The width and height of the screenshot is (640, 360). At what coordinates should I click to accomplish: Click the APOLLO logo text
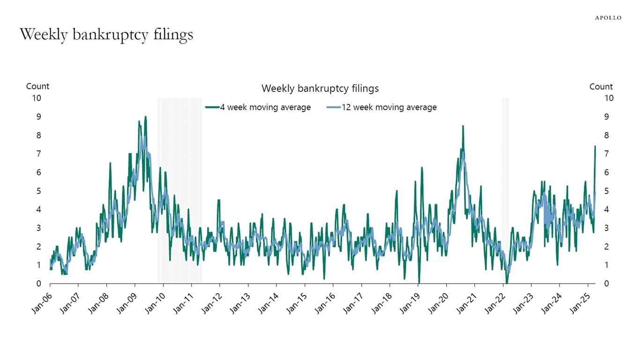(x=608, y=18)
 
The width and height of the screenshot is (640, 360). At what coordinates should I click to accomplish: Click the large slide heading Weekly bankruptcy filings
(x=106, y=34)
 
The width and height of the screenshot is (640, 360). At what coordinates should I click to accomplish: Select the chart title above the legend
(x=320, y=88)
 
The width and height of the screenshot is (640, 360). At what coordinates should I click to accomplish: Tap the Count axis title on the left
(x=37, y=86)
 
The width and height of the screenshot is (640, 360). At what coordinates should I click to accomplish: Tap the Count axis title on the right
(x=601, y=87)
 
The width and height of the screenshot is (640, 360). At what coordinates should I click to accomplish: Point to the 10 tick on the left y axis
(x=37, y=98)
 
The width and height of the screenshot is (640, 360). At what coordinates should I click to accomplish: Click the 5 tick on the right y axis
(x=606, y=191)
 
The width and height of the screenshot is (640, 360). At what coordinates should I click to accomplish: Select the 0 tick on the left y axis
(x=39, y=284)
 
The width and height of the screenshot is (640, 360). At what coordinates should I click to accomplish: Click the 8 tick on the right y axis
(x=606, y=135)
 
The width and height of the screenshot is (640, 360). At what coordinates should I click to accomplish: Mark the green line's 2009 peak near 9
(x=145, y=117)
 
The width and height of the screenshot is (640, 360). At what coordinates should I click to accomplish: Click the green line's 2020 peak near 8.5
(x=463, y=126)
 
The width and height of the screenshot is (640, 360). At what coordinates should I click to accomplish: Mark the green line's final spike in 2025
(x=595, y=146)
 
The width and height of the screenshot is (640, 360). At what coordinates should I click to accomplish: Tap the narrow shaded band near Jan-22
(x=505, y=187)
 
